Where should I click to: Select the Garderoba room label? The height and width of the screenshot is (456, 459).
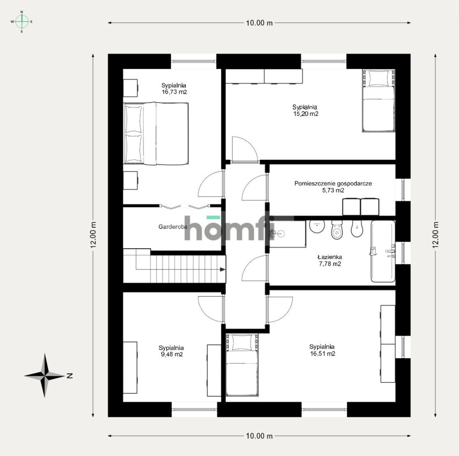click(172, 227)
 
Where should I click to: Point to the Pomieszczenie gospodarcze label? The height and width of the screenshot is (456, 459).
click(333, 184)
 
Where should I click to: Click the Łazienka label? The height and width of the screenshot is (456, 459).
click(329, 257)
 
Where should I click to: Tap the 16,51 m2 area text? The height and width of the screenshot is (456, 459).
click(322, 354)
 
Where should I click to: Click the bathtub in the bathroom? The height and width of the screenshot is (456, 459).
click(383, 251)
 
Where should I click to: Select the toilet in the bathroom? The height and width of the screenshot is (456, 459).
click(337, 230)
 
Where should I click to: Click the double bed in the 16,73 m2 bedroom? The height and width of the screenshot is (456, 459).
click(156, 133)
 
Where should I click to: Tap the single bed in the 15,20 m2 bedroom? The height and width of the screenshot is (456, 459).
click(379, 101)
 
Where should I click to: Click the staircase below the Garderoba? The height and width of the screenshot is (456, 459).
click(174, 266)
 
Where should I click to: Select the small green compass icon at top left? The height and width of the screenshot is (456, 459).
click(22, 21)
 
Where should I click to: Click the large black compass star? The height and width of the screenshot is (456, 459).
click(44, 375)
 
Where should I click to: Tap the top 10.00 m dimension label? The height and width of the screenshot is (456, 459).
click(259, 23)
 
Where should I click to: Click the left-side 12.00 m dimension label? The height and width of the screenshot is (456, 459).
click(94, 235)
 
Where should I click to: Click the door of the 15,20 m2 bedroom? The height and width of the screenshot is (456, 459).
click(244, 149)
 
